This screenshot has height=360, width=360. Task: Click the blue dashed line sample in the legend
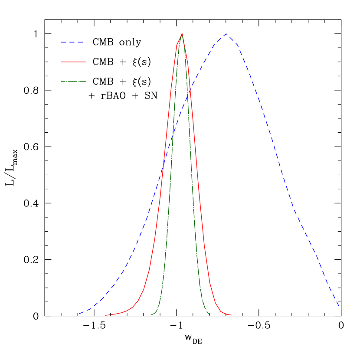point(72,42)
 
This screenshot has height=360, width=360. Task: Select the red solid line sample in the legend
point(73,62)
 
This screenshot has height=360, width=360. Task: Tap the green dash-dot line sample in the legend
point(73,82)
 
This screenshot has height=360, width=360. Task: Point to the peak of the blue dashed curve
point(226,33)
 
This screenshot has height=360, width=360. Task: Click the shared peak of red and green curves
point(182,33)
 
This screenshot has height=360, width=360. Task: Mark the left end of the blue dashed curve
point(79,313)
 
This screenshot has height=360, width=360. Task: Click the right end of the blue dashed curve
point(339,306)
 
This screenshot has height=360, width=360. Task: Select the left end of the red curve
point(105,315)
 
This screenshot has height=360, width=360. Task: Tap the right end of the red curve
point(232,315)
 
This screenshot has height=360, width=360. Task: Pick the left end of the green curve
point(151,315)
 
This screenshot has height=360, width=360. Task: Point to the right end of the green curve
point(210,314)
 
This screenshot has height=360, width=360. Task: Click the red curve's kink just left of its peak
point(177,44)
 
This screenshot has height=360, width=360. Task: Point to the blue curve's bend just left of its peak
point(215,43)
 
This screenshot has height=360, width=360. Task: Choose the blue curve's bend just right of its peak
point(237,45)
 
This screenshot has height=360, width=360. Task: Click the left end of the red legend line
point(61,62)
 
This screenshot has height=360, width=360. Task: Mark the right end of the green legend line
point(85,82)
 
